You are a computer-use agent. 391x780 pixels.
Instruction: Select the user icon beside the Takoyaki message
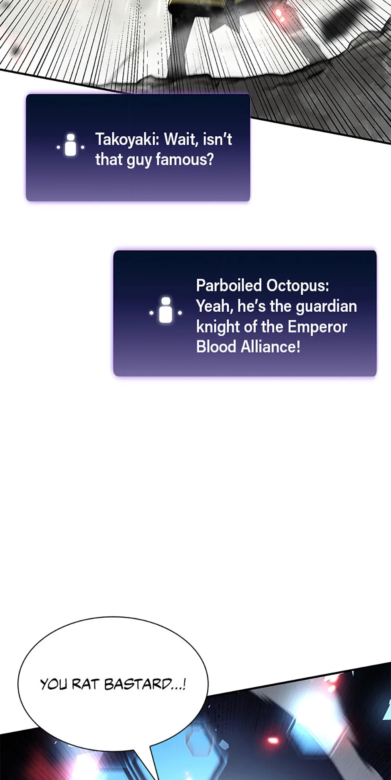click(x=71, y=145)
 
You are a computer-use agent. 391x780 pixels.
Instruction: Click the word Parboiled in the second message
click(x=229, y=286)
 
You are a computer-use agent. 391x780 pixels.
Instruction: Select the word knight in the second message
click(x=218, y=327)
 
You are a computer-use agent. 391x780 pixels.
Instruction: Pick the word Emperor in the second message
click(x=317, y=327)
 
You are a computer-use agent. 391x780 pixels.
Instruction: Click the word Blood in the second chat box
click(x=216, y=347)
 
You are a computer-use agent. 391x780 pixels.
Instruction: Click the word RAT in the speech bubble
click(x=85, y=684)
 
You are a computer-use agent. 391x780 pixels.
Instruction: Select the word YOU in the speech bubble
click(x=54, y=684)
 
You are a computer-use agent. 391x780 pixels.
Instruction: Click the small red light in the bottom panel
click(x=273, y=740)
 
